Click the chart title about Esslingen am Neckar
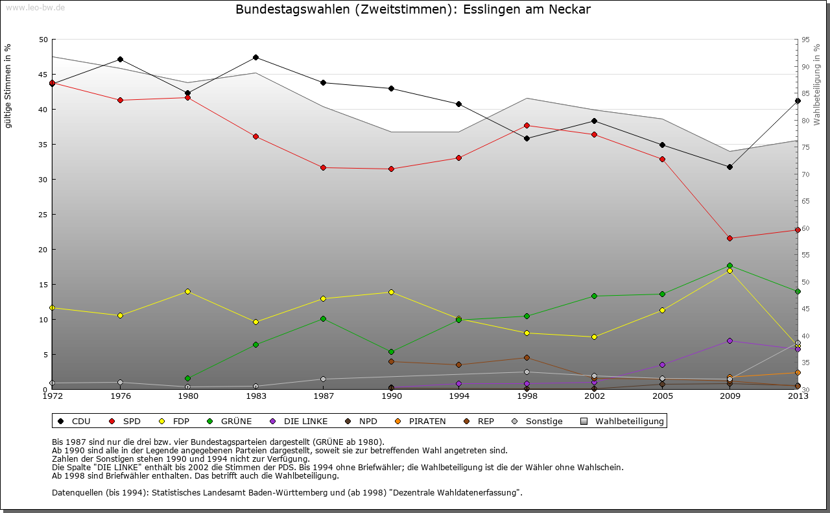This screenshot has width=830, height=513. click(x=413, y=10)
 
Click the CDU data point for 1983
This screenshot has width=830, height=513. click(x=255, y=57)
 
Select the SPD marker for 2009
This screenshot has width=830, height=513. click(x=729, y=238)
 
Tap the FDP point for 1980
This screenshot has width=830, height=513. click(x=187, y=291)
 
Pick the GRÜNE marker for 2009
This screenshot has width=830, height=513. click(x=729, y=265)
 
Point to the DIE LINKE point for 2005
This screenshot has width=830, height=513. click(x=662, y=364)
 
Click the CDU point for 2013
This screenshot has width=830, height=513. click(x=798, y=101)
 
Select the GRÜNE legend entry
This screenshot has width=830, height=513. click(x=230, y=422)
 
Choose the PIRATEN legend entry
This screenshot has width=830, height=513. click(x=421, y=422)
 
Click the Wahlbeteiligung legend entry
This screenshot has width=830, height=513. click(x=622, y=422)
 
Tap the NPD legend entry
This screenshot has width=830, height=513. click(x=361, y=422)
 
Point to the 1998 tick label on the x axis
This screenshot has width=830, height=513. click(x=527, y=396)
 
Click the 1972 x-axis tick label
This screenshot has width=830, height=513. click(x=52, y=396)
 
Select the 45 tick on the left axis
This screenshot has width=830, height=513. click(x=43, y=75)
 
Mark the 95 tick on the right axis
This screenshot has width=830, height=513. click(x=806, y=40)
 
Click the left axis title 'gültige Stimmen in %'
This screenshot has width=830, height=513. click(x=8, y=86)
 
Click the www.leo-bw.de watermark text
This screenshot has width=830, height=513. click(x=34, y=7)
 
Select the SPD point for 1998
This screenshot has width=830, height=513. click(x=527, y=125)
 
